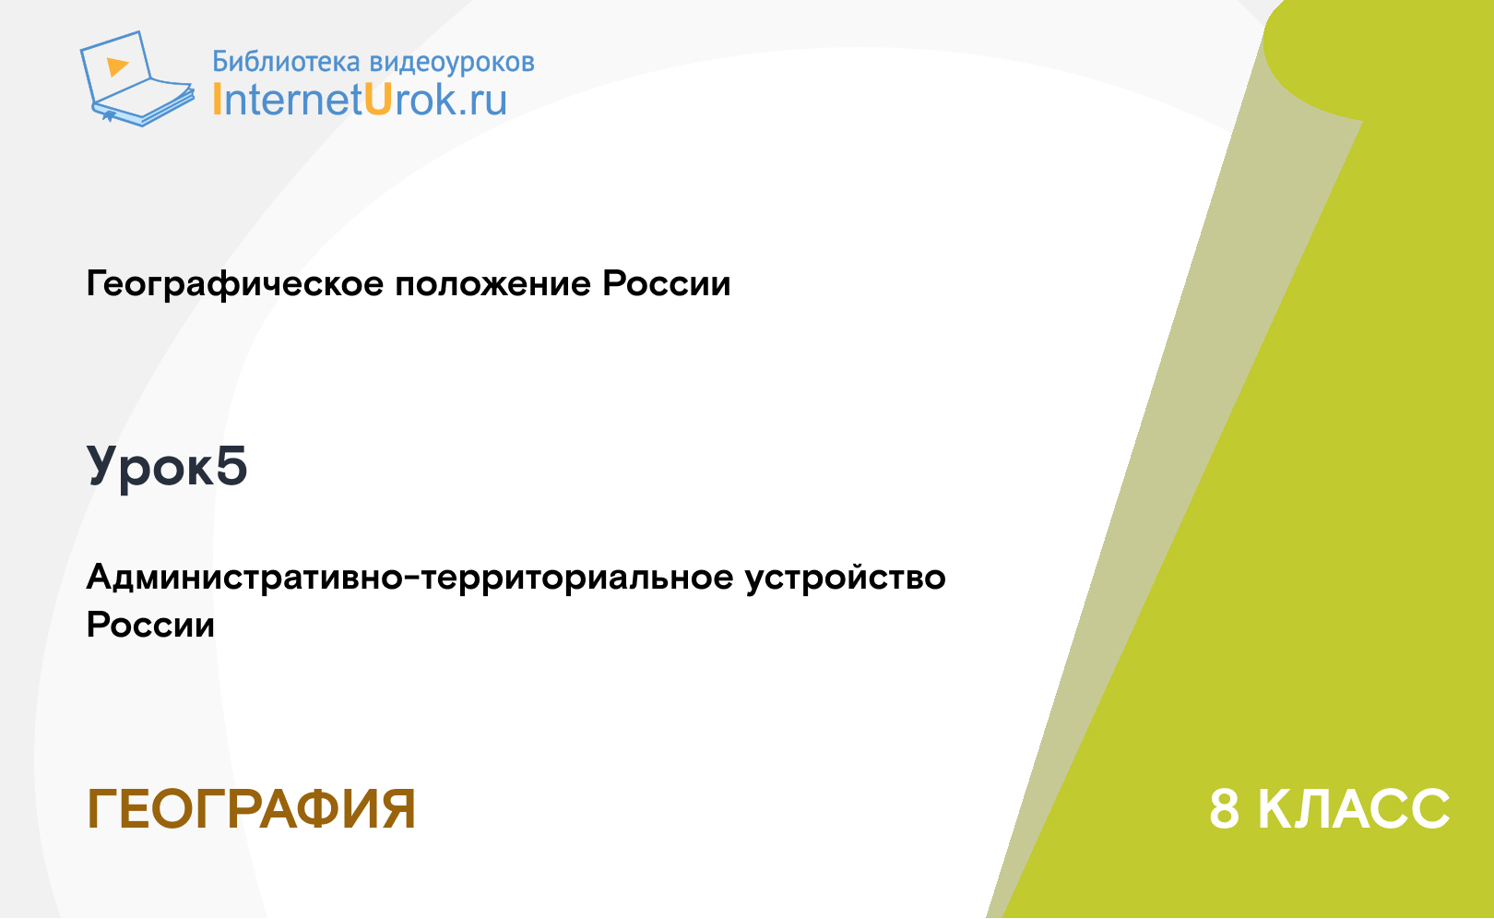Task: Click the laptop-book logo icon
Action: tap(136, 78)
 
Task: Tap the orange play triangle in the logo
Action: tap(117, 66)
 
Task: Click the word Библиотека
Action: tap(286, 62)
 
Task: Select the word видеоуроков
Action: tap(452, 62)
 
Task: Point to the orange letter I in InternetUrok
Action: tap(216, 100)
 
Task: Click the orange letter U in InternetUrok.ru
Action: tap(377, 100)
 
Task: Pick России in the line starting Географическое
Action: tap(666, 283)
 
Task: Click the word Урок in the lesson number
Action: tap(148, 467)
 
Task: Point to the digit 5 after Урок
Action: tap(231, 465)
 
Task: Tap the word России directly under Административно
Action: tap(150, 626)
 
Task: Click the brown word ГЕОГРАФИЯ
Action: tap(252, 809)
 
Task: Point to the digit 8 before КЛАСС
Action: tap(1225, 809)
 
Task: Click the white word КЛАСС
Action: tap(1354, 809)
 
